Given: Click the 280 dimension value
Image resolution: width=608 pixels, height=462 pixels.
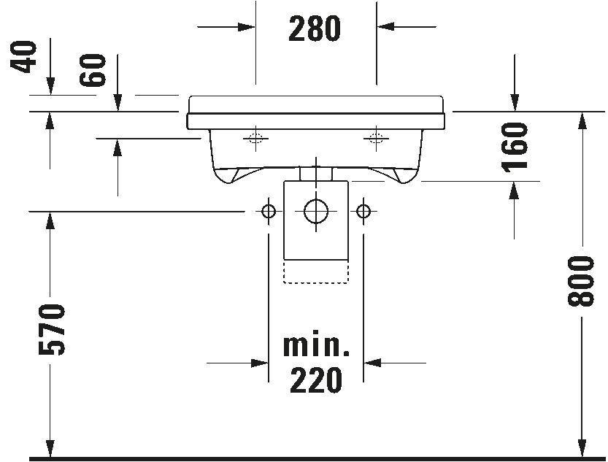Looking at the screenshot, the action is click(315, 28).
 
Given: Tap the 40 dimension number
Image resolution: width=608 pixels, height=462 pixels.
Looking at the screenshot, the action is click(23, 57).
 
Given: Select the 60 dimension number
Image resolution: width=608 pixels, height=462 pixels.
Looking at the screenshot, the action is click(92, 70).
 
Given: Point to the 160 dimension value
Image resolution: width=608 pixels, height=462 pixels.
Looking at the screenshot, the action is click(515, 147).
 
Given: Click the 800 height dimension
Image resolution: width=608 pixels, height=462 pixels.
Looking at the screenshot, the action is click(580, 281).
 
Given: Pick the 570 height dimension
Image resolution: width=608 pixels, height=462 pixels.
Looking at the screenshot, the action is click(52, 330).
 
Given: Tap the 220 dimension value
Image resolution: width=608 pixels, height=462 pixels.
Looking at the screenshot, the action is click(316, 380).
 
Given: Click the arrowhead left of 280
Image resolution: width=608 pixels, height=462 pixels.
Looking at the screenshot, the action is click(246, 27).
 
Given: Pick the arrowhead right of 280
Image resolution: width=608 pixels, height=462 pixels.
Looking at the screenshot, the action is click(385, 27).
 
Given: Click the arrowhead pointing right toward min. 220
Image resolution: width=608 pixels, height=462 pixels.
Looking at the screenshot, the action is click(259, 363).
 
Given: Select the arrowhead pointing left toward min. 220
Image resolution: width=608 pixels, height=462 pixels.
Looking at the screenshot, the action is click(372, 363).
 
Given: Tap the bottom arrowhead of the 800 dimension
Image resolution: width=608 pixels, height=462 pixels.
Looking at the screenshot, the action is click(582, 448).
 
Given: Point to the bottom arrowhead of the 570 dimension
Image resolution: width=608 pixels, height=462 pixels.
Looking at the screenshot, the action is click(50, 448).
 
